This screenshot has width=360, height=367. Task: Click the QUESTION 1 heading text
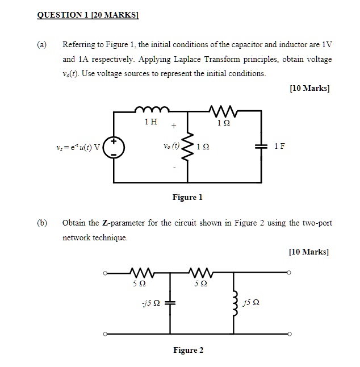pos(88,15)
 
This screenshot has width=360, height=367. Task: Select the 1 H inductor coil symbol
pos(150,110)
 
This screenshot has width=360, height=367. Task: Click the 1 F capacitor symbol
pos(262,147)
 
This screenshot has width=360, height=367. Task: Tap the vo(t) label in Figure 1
pos(170,145)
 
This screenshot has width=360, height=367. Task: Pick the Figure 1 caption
pos(187,198)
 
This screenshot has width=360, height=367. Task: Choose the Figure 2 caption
pos(188,350)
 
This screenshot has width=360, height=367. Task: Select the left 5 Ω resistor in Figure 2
pos(139,273)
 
